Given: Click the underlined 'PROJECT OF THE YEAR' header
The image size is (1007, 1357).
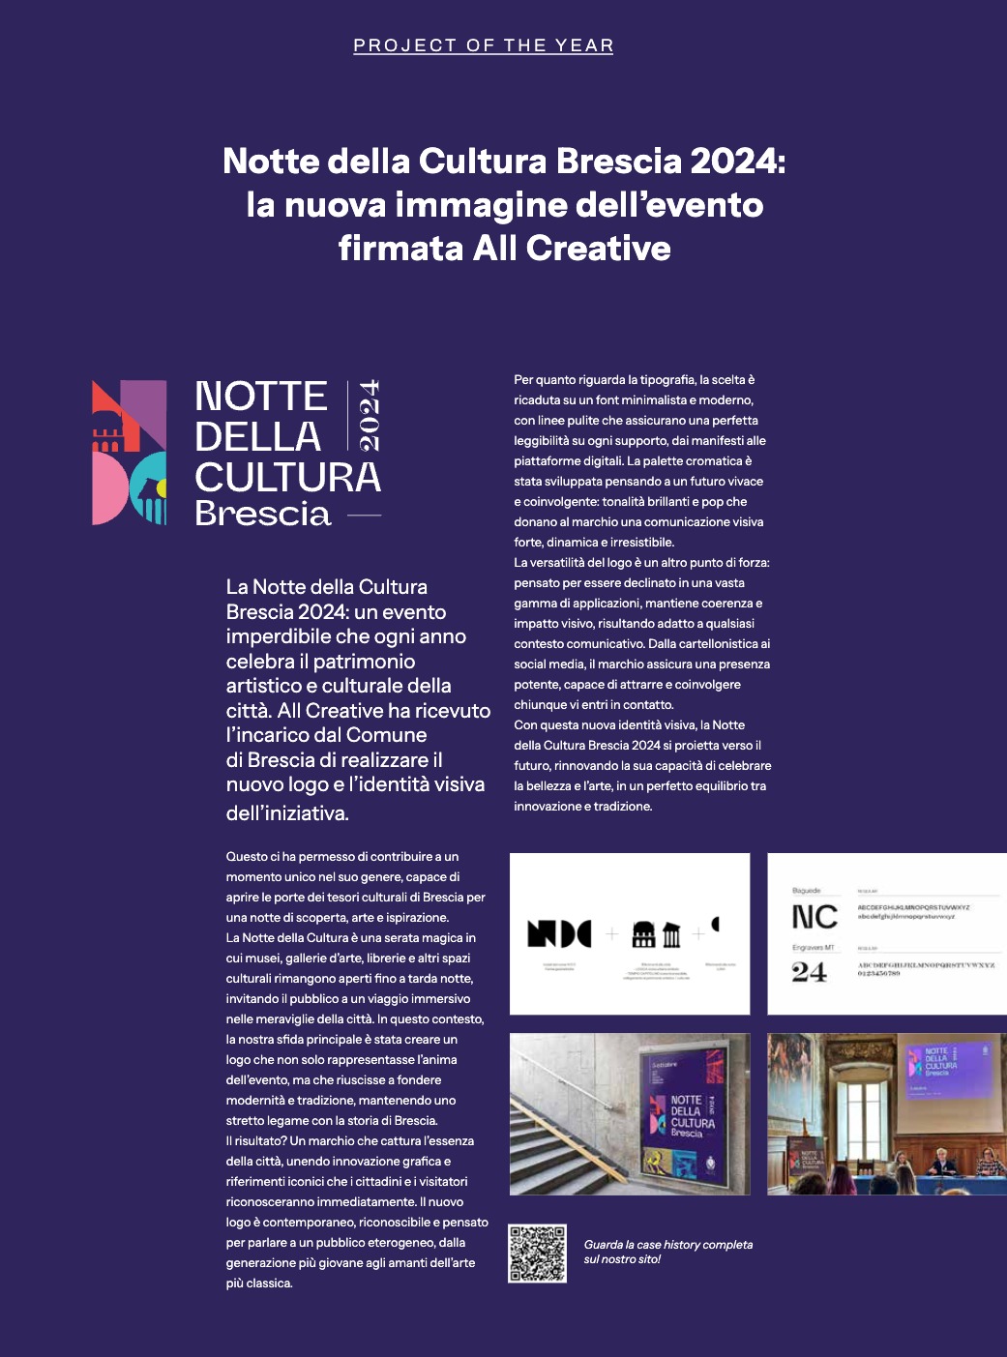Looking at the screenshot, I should [x=483, y=45].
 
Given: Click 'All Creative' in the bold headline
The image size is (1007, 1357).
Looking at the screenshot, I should [x=572, y=249].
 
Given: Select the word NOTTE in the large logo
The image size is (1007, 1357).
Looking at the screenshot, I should [x=261, y=397].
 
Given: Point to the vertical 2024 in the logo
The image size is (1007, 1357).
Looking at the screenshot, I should [x=369, y=415].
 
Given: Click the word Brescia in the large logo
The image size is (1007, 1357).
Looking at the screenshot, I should [x=263, y=514].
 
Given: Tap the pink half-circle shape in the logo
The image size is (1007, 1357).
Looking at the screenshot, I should [x=107, y=489].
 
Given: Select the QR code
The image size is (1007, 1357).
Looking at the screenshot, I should [x=538, y=1254].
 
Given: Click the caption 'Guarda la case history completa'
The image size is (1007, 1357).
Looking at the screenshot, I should [x=667, y=1245].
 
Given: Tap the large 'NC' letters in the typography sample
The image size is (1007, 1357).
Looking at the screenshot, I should [x=814, y=917].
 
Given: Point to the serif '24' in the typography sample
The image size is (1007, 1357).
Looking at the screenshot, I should [x=809, y=972].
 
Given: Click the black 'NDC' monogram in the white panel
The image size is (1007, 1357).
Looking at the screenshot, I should [x=559, y=933].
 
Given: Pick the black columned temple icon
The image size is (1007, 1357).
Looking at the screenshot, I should [x=671, y=934].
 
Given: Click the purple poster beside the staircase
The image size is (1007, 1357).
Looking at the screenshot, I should [x=688, y=1112].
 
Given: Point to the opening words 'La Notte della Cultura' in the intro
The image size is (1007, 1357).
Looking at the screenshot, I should [x=326, y=587].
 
